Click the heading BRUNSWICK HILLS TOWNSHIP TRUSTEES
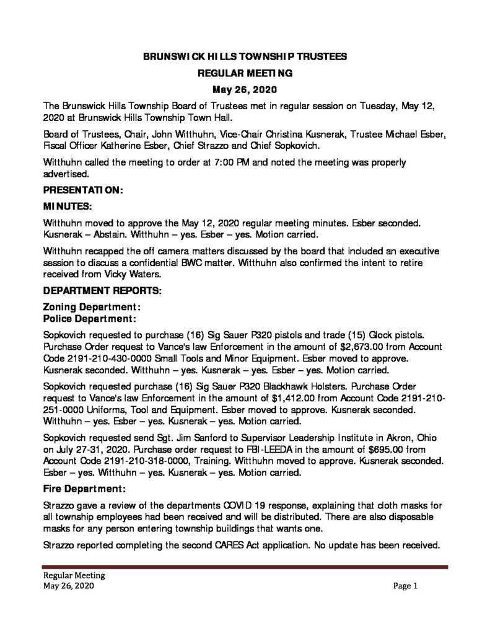(245, 56)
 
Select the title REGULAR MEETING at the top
(245, 73)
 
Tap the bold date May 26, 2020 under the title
(245, 89)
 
